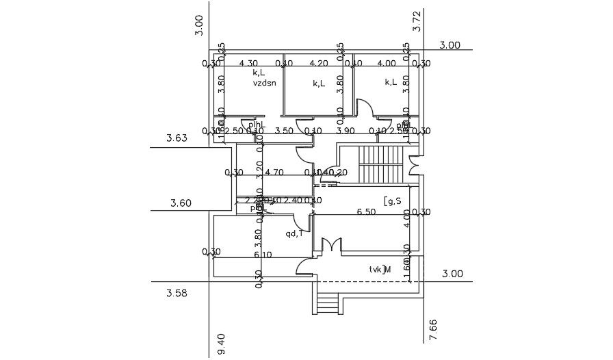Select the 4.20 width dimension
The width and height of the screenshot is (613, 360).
coord(319,64)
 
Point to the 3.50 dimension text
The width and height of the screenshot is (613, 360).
coord(283,131)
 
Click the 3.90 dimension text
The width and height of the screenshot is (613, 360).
coord(347,131)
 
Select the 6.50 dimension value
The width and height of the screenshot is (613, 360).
coord(366,212)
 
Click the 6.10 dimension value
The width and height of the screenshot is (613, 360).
coord(263,255)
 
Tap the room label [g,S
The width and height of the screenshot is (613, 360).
coord(393,201)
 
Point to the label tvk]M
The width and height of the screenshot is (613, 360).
coord(380,269)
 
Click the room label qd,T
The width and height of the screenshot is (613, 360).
coord(295,233)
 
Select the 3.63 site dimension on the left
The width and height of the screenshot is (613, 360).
coord(177,139)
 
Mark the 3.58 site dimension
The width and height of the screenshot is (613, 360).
coord(177,293)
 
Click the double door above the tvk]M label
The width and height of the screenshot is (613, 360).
coord(332,244)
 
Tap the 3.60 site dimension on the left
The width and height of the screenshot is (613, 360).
coord(181,203)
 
